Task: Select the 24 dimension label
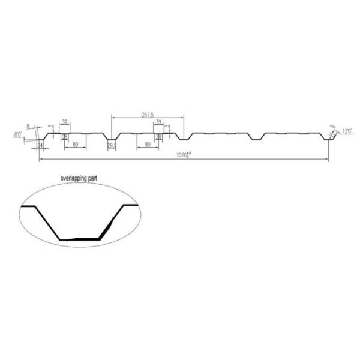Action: click(40, 145)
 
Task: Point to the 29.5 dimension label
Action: click(112, 145)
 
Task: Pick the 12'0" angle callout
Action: click(347, 130)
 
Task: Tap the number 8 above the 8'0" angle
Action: click(28, 127)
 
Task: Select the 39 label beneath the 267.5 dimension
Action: click(158, 122)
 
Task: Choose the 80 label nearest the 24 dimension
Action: click(75, 145)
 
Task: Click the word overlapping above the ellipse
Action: click(74, 179)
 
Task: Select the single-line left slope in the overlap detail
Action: click(49, 223)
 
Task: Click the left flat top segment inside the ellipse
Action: click(29, 206)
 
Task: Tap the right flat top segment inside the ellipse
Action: click(131, 206)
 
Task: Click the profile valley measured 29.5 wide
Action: click(112, 140)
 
